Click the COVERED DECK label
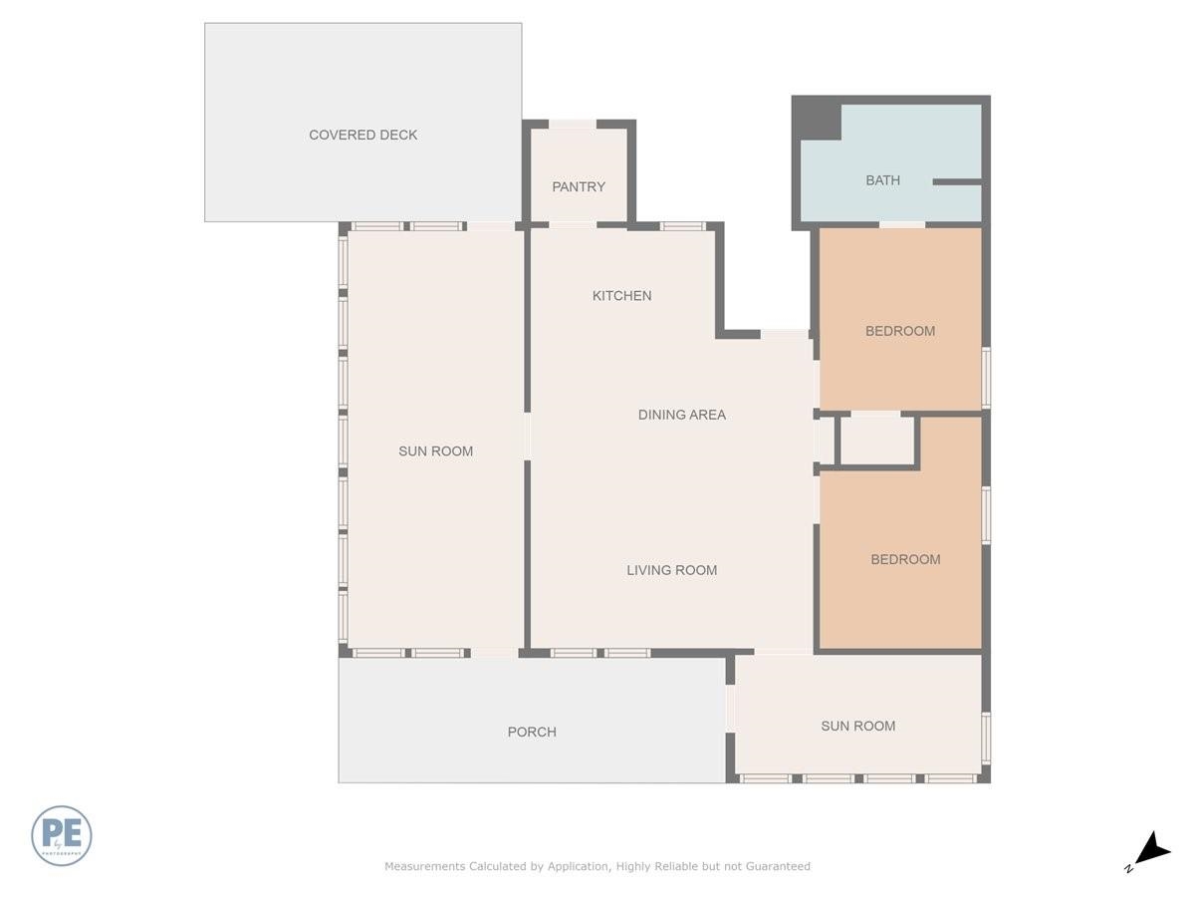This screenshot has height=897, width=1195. [x=362, y=135]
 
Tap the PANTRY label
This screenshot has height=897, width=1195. [x=579, y=186]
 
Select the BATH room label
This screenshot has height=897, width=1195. [x=882, y=180]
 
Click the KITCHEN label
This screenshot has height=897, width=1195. [x=621, y=295]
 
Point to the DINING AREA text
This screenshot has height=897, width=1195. [x=681, y=415]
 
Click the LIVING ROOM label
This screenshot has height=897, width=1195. [x=671, y=570]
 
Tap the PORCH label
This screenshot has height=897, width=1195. [x=532, y=732]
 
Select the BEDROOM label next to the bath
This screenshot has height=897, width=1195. [x=899, y=331]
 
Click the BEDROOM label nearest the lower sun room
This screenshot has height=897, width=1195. [x=905, y=559]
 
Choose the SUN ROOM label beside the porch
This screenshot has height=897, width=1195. [x=857, y=726]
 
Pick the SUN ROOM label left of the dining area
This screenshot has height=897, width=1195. [x=435, y=451]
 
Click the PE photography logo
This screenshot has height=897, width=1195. [x=62, y=835]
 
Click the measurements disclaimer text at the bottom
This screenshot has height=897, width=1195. [x=597, y=866]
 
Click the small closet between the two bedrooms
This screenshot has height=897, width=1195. [x=876, y=441]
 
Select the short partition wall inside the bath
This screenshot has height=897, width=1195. [x=957, y=182]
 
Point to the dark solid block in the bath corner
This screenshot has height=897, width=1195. [x=817, y=118]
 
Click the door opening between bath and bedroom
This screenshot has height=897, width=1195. [x=902, y=224]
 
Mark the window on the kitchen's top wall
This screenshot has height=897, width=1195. [x=683, y=226]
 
